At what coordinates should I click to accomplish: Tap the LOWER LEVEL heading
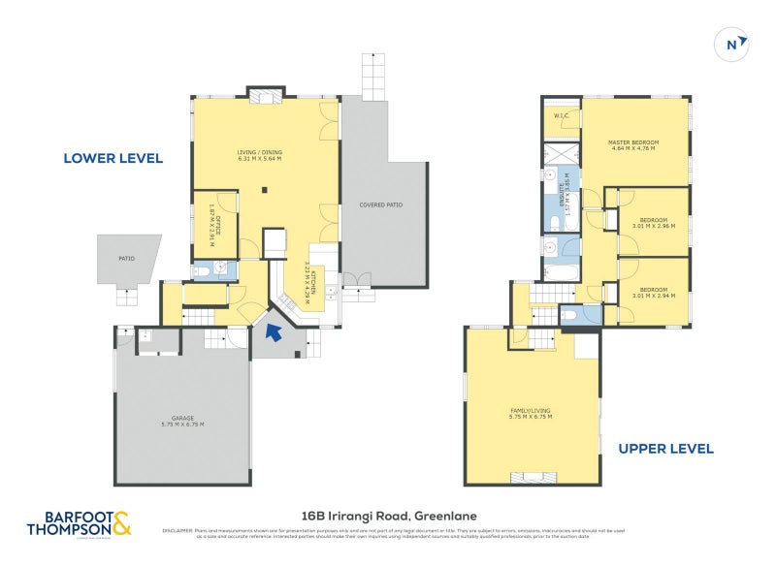(x=113, y=158)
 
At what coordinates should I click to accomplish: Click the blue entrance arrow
(x=275, y=332)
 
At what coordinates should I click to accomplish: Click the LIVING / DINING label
(x=259, y=155)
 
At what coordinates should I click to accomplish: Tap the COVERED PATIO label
(x=380, y=204)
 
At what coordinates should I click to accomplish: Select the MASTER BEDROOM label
(x=634, y=145)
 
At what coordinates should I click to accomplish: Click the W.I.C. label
(x=561, y=117)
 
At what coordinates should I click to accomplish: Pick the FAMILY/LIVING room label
(x=531, y=414)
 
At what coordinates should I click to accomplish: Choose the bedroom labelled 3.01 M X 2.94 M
(x=653, y=291)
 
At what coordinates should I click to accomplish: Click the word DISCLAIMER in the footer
(x=180, y=530)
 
